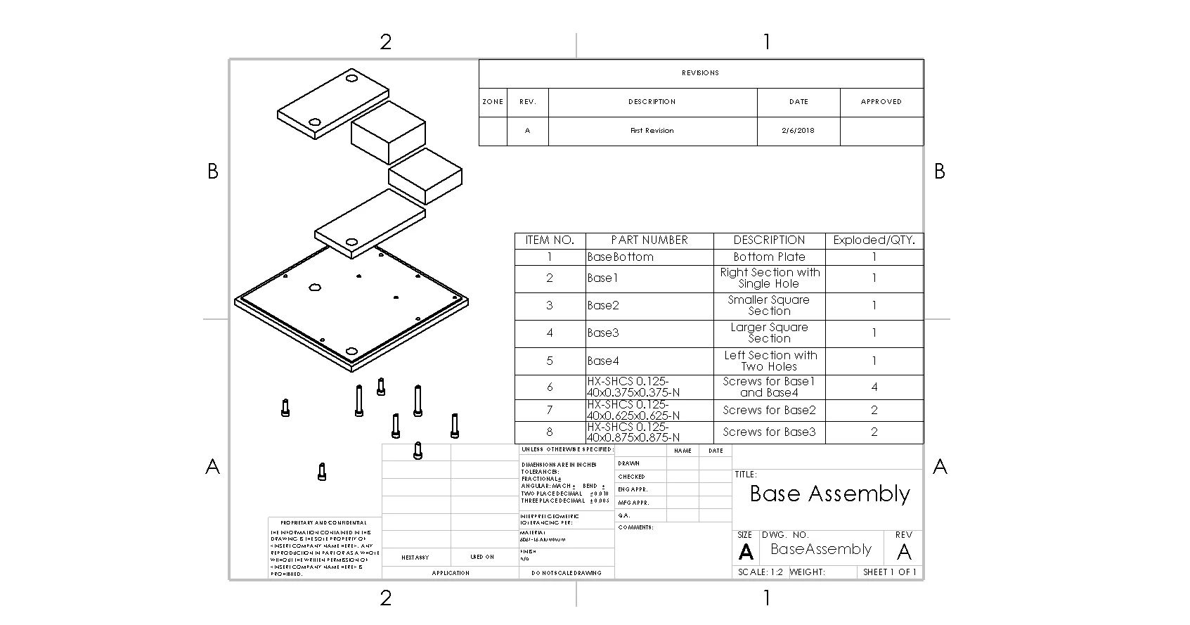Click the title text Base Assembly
(829, 494)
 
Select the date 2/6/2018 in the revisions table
(798, 131)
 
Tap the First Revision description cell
(652, 131)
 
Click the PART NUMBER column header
(649, 240)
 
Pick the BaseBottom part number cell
(621, 257)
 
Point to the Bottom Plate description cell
(769, 257)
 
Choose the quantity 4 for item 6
(874, 387)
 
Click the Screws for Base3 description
(769, 432)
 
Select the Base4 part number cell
(604, 361)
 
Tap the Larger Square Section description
(769, 333)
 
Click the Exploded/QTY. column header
(874, 240)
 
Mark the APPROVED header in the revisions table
(881, 102)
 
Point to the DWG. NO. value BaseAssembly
(821, 549)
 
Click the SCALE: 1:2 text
(760, 572)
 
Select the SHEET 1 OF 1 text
(890, 572)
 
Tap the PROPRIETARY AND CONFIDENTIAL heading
(323, 523)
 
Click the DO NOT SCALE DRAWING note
(567, 573)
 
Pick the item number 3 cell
(550, 305)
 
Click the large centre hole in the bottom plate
(315, 288)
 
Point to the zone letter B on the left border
(213, 172)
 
